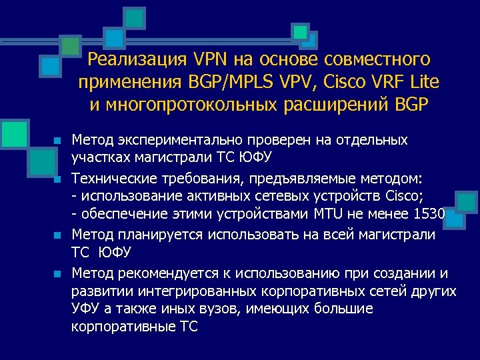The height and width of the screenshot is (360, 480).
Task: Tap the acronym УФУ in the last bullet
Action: click(85, 309)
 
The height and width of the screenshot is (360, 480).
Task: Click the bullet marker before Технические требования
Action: click(58, 179)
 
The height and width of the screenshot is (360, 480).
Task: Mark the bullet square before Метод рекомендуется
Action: click(58, 273)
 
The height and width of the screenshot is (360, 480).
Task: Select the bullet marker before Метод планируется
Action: click(58, 235)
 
